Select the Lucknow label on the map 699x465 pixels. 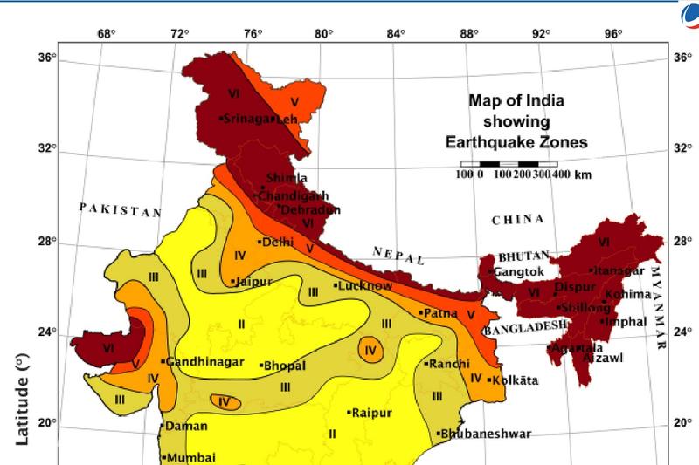364,285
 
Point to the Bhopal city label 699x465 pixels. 285,365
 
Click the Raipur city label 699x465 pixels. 370,413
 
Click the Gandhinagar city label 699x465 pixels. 198,361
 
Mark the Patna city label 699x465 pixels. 443,311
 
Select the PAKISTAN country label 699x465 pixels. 121,210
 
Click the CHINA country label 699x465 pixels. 518,219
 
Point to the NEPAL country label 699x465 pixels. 398,256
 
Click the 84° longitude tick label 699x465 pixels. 396,34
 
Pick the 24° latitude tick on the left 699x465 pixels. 46,332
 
